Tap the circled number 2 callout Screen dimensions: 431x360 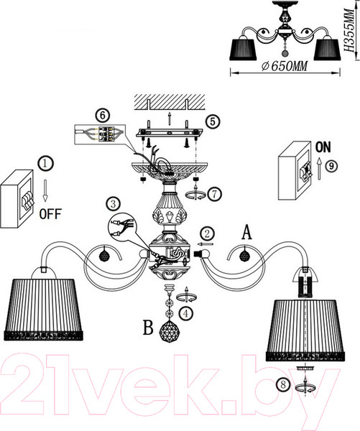coord(206,233)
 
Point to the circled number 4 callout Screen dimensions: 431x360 coord(186,313)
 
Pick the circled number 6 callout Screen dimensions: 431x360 coord(102,113)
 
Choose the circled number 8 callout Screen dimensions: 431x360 coord(287,385)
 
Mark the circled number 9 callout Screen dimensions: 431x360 coord(331,164)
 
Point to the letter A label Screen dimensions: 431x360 coord(247,231)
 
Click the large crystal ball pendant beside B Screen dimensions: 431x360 coord(170,333)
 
